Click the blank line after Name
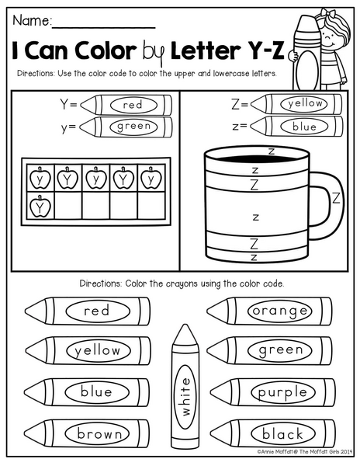coord(104,28)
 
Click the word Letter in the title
coord(205,50)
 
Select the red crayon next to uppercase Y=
coord(126,105)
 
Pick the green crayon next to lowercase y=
coord(126,127)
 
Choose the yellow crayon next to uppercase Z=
coord(296,104)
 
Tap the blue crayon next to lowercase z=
coord(296,127)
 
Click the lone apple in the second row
coord(40,206)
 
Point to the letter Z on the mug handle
coord(336,198)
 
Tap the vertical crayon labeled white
coord(185,386)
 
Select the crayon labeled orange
coord(269,311)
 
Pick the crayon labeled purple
coord(273,392)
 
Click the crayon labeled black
coord(273,433)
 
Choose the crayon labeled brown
coord(87,433)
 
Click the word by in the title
coord(154,53)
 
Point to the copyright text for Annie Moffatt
coord(304,452)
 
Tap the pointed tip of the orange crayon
coord(207,311)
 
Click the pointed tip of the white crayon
coord(185,324)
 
